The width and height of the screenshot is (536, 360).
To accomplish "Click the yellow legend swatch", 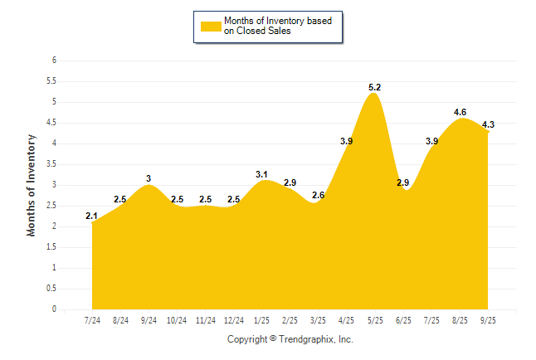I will click(x=211, y=26).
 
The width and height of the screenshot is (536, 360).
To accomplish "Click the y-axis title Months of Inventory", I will click(x=32, y=185).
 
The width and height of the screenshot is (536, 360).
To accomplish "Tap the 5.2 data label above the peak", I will click(x=374, y=86).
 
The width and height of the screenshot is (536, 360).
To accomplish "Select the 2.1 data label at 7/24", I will click(x=91, y=216).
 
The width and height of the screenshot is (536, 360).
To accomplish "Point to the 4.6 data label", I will click(x=460, y=112).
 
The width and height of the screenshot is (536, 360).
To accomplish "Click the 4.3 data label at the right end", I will click(x=488, y=124).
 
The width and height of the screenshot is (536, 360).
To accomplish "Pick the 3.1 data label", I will click(x=261, y=174).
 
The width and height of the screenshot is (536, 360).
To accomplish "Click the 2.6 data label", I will click(x=318, y=195).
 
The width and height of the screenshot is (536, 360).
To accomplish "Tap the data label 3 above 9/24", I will click(x=149, y=178).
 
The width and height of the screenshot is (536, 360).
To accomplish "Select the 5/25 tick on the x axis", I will click(x=375, y=320).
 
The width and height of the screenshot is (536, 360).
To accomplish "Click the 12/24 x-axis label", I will click(x=234, y=320).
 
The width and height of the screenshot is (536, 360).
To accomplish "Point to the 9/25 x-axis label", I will click(x=488, y=320).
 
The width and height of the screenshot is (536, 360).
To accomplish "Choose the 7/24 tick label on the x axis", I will click(x=92, y=320).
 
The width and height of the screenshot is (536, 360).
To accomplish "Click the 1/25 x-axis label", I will click(x=262, y=320).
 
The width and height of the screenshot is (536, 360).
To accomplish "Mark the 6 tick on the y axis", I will click(x=54, y=61).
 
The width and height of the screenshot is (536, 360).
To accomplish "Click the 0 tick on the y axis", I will click(x=54, y=309).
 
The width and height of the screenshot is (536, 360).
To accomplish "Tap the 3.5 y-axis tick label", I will click(x=51, y=164).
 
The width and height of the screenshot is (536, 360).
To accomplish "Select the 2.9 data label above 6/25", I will click(x=403, y=182).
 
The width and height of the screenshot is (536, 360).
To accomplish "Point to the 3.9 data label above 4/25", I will click(x=347, y=141).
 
